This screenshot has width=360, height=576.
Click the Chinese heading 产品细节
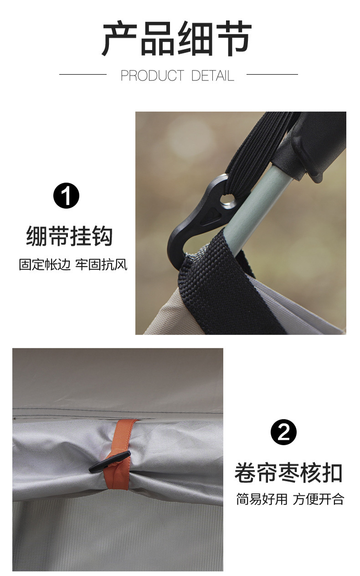(x=177, y=39)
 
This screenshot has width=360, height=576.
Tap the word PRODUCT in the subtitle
(x=153, y=76)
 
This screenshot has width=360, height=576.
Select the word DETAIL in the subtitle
(x=213, y=76)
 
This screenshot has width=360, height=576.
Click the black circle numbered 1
(x=67, y=195)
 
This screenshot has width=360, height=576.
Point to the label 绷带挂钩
(x=69, y=236)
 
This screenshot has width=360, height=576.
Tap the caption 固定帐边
(x=45, y=264)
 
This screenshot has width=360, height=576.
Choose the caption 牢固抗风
(x=101, y=264)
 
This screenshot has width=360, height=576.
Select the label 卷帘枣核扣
(x=288, y=473)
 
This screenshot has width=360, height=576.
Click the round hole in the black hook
(x=228, y=200)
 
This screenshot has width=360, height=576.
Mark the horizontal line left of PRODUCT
(x=83, y=75)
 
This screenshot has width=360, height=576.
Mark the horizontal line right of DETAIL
(x=272, y=75)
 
